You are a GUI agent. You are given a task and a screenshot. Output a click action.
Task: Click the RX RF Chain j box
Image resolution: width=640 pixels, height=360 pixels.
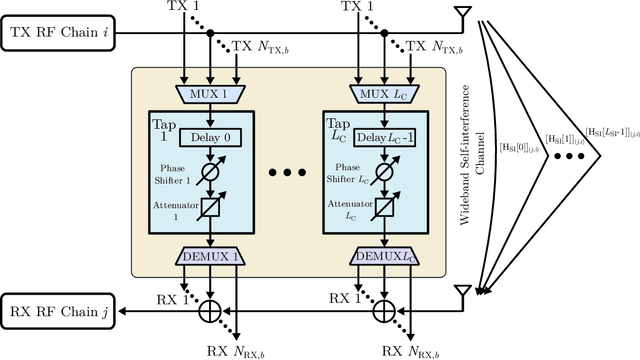click(61, 312)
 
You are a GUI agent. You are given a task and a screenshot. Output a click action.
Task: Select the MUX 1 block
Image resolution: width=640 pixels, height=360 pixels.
click(209, 94)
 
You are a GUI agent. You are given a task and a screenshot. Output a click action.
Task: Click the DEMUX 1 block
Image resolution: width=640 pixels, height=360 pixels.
click(209, 256)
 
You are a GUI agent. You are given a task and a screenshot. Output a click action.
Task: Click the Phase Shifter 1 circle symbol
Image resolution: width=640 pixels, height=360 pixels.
click(210, 172)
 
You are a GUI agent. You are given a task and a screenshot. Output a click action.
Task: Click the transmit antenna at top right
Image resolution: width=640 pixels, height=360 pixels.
click(462, 15)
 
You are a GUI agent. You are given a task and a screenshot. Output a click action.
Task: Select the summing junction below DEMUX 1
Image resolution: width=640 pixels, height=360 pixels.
click(210, 313)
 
